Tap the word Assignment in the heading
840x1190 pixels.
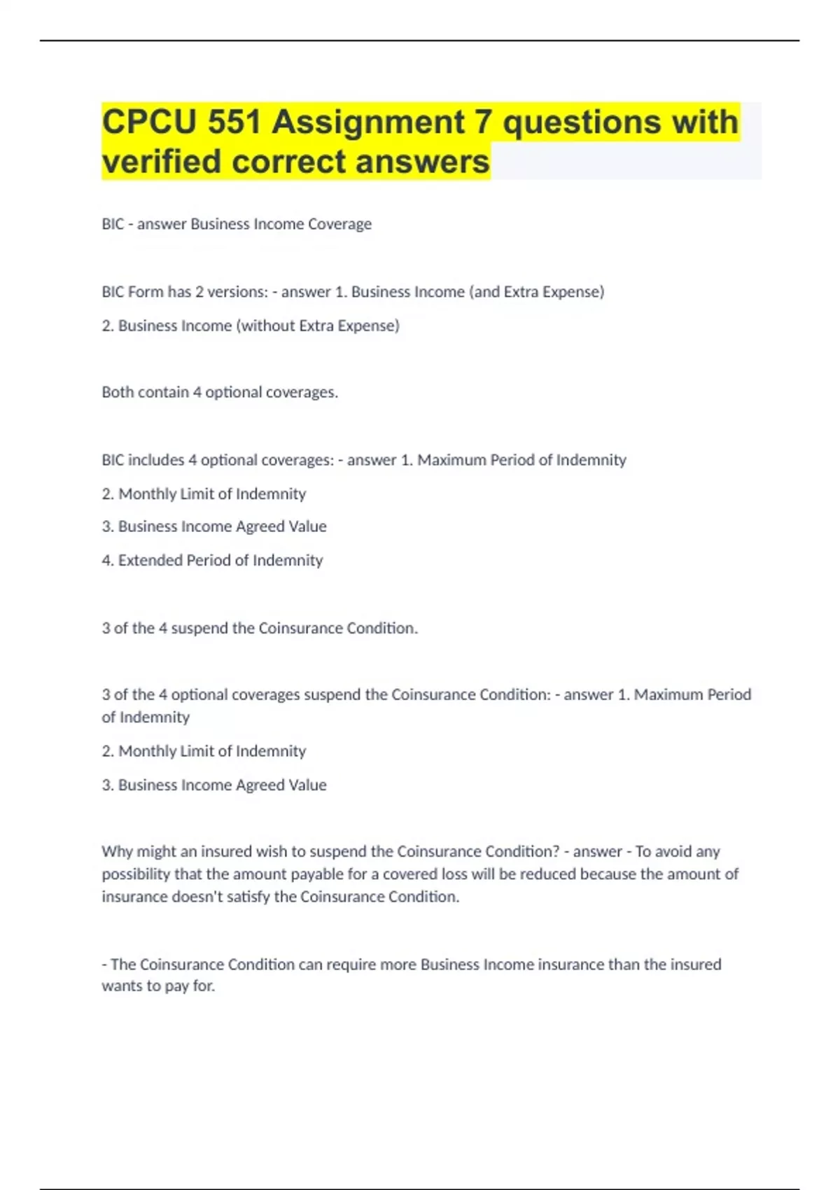pos(368,122)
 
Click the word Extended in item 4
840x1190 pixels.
pos(147,560)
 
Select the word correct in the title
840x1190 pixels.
pos(290,162)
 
